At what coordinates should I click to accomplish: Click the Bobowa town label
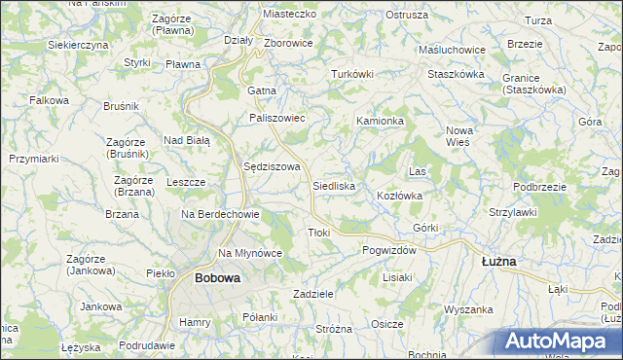[217, 277]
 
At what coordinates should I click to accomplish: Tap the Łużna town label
[499, 262]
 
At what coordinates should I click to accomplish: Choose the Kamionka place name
[380, 121]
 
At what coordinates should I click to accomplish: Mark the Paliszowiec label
[277, 118]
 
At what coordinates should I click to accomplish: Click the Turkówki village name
[352, 74]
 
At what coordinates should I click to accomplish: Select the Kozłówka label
[399, 196]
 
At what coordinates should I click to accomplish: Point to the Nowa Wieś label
[458, 135]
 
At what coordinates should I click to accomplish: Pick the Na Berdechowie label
[220, 214]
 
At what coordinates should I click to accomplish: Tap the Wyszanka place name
[469, 308]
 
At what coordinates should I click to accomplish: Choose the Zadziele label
[313, 293]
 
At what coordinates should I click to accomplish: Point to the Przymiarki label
[34, 158]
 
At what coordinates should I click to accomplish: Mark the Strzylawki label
[514, 211]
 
